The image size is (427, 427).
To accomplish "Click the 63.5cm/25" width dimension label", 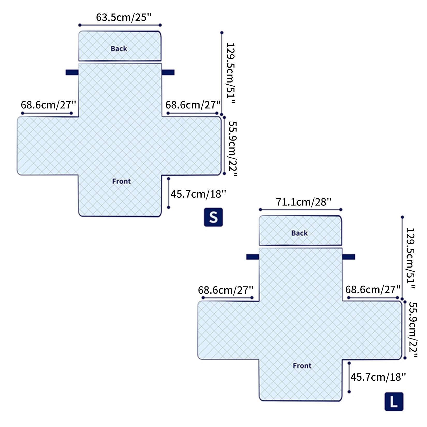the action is point(123,18).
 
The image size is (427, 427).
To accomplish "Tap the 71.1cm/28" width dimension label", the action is point(304,202).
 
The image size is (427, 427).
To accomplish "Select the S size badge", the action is point(213,217).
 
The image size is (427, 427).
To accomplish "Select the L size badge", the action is point(394,402).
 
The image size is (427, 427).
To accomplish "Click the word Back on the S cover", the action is point(119,49).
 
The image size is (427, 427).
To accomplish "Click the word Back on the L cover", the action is point(299,233).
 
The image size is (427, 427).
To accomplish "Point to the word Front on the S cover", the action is point(121,181).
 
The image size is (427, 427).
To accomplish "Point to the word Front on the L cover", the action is point(302,366).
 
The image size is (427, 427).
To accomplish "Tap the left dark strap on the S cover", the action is point(72,72).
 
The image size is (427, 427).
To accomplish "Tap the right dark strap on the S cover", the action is point(168,72).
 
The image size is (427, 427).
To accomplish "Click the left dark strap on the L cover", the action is point(253,257).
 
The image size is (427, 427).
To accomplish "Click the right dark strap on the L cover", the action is point(349,257).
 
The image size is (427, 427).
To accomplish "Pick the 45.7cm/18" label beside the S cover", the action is point(198,194).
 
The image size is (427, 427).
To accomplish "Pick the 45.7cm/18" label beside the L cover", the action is point(378,377).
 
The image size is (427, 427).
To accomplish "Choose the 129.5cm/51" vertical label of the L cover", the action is point(411,258).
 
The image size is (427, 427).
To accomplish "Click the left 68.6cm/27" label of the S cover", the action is point(48,105).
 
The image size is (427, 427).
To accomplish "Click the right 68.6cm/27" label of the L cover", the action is point(373,289).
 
